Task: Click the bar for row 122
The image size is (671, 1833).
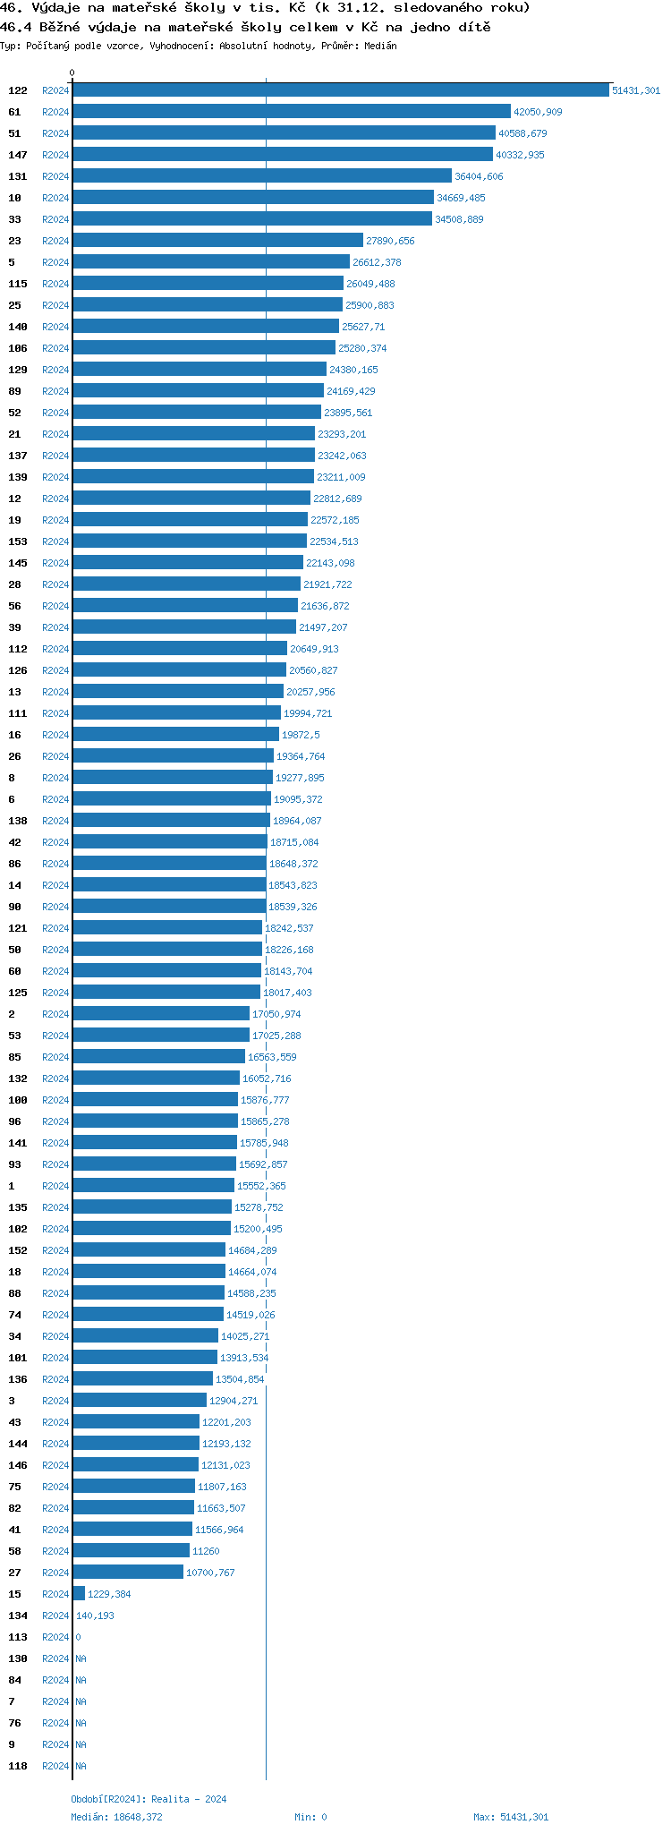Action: (x=341, y=90)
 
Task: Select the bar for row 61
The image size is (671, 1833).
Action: (x=292, y=112)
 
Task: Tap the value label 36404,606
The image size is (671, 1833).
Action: (x=479, y=176)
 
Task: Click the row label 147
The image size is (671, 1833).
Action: (x=18, y=155)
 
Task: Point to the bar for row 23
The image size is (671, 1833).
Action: (x=217, y=241)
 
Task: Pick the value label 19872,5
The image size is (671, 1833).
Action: (x=301, y=735)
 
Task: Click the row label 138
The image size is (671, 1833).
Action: (x=18, y=821)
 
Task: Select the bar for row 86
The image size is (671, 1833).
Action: (x=169, y=864)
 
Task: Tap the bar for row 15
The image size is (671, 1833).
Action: (x=79, y=1594)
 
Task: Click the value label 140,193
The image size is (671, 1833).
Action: (x=95, y=1616)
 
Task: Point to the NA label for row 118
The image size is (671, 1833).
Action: (x=81, y=1766)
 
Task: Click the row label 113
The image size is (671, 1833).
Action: (x=18, y=1637)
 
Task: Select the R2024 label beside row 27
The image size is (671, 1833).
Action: (x=55, y=1573)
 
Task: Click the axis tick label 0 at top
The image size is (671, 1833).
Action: (x=72, y=72)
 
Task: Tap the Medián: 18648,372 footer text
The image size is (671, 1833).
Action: (x=117, y=1817)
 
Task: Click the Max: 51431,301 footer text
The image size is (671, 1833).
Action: (x=511, y=1817)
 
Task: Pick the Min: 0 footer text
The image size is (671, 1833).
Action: (x=311, y=1817)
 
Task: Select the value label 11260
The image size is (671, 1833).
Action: (x=206, y=1551)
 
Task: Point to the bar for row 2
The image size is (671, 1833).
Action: (x=161, y=1014)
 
